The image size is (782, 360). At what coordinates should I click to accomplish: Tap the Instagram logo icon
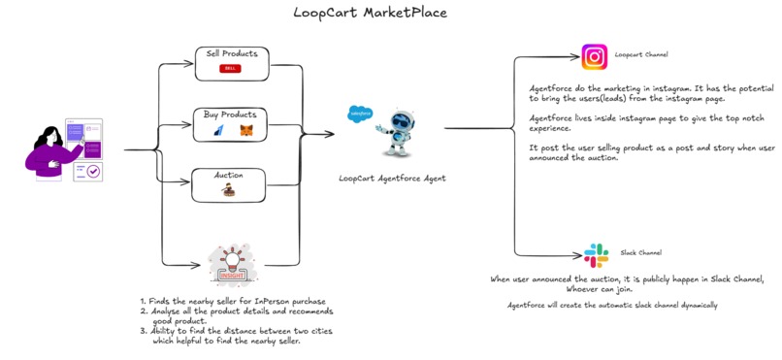[594, 55]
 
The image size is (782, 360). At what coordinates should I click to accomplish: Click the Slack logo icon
[595, 255]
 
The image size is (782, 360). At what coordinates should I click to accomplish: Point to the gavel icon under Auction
[229, 192]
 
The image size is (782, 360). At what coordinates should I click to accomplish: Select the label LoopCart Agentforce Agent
[392, 179]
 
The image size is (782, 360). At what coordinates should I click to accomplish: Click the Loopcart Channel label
[641, 55]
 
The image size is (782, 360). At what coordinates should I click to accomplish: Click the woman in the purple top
[49, 150]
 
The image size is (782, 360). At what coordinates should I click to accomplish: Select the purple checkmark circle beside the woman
[94, 171]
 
